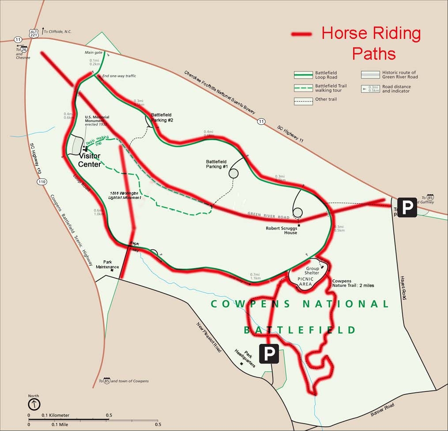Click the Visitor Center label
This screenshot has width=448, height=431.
90,160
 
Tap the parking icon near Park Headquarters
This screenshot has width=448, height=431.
269,354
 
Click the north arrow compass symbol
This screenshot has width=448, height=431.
34,404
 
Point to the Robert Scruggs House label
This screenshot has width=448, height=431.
281,230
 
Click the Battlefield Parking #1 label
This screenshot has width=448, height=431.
217,164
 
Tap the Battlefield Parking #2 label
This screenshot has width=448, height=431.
162,117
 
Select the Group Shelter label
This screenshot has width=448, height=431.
312,271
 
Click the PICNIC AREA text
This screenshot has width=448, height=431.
305,282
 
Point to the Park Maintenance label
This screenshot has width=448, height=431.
108,264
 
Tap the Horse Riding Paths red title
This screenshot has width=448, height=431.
371,43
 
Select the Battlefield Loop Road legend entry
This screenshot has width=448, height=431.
326,75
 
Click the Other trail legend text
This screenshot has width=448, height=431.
326,99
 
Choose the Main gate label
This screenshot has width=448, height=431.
94,53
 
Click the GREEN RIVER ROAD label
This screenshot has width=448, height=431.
268,215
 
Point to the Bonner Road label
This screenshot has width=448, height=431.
382,409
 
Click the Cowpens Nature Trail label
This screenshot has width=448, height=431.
353,283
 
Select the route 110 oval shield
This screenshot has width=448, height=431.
42,182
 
